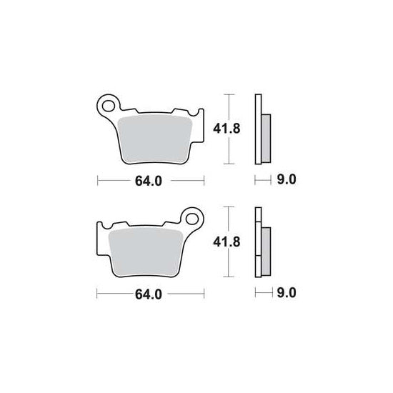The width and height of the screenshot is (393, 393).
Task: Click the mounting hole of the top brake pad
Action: click(109, 106)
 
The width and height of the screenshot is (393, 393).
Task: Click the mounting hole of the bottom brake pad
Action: click(192, 219)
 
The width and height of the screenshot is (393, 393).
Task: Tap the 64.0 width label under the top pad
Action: click(149, 181)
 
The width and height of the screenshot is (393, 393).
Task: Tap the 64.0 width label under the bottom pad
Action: click(149, 294)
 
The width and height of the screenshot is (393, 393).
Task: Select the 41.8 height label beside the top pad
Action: click(227, 129)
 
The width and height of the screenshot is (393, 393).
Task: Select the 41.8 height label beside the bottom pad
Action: click(227, 242)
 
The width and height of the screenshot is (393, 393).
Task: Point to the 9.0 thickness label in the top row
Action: click(287, 179)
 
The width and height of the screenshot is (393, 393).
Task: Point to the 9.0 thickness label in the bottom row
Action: click(287, 293)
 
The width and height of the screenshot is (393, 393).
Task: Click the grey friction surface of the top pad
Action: click(154, 139)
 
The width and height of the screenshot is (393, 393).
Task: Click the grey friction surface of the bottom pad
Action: click(146, 252)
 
